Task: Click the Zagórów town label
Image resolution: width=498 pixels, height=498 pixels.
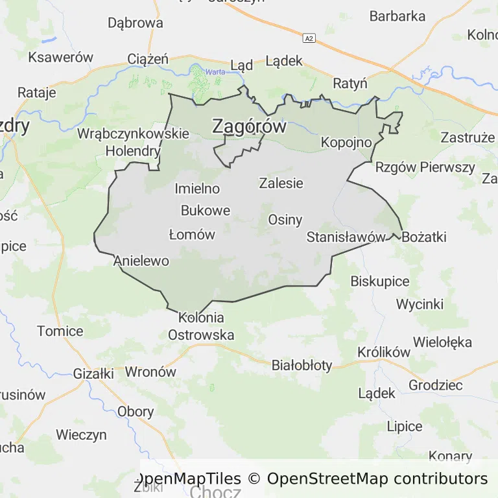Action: (x=249, y=126)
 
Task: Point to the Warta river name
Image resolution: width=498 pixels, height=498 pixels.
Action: (x=215, y=72)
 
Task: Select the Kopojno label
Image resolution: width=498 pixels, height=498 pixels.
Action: (x=346, y=142)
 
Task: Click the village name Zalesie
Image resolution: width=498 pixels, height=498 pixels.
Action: (x=281, y=183)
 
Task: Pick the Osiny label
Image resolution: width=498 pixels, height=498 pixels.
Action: (x=285, y=219)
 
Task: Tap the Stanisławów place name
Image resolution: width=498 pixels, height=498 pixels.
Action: (x=346, y=237)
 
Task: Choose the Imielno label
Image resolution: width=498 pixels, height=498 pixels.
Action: (x=197, y=189)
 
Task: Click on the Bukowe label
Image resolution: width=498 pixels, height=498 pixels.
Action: (x=206, y=211)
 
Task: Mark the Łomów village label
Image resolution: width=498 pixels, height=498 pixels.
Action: (x=191, y=235)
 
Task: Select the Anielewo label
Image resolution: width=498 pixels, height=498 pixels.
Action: (x=141, y=261)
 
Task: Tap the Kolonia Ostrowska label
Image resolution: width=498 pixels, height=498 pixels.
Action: (x=201, y=326)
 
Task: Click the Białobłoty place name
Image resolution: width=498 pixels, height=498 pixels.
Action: (x=302, y=365)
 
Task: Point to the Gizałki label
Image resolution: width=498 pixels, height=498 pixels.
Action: (x=93, y=374)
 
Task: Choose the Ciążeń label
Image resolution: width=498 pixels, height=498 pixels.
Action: (x=148, y=60)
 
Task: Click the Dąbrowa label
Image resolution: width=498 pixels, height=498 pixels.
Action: (x=136, y=23)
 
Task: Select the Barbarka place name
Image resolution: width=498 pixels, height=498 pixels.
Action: (x=397, y=16)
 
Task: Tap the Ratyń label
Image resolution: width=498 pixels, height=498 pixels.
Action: (x=350, y=84)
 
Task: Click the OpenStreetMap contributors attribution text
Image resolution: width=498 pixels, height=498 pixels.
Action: (x=377, y=479)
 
